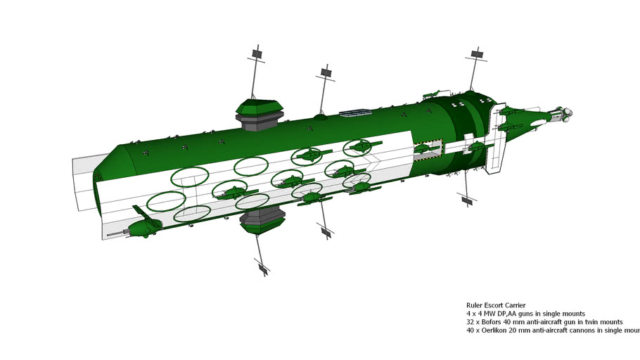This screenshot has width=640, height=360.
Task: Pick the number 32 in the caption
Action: pyautogui.click(x=471, y=321)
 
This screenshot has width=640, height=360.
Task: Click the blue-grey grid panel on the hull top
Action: pyautogui.click(x=355, y=112)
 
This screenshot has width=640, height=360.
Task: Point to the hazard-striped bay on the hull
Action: pyautogui.click(x=428, y=150)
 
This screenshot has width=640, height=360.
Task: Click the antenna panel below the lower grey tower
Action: pyautogui.click(x=263, y=268)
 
